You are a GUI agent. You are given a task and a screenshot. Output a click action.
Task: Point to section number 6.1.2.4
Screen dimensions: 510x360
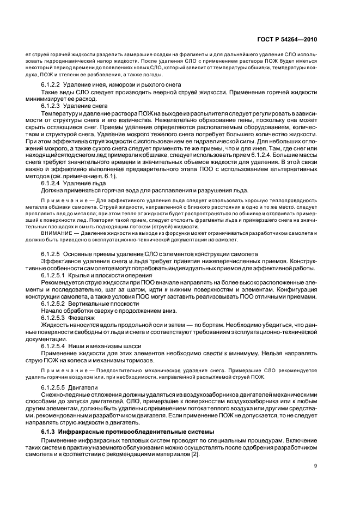(51, 183)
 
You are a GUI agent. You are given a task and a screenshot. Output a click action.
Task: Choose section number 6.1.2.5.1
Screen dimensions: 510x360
(53, 275)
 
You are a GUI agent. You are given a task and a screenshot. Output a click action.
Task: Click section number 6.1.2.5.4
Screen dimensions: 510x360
(53, 345)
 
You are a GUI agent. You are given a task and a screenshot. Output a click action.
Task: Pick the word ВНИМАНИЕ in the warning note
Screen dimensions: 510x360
(55, 233)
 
